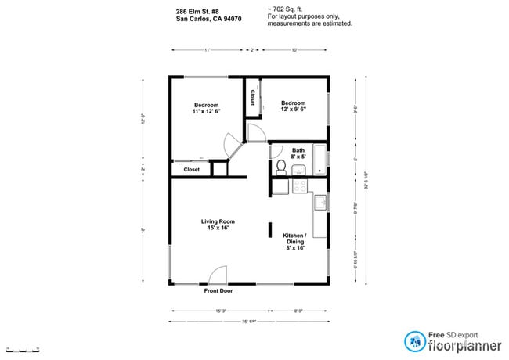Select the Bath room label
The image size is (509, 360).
298,153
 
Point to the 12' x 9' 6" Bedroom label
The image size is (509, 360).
293,106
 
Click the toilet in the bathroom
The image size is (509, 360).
282,167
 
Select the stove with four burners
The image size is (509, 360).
300,186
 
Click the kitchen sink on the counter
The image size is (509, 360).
319,203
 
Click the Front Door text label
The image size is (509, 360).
218,291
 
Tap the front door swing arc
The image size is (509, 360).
217,274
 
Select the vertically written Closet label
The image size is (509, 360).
252,98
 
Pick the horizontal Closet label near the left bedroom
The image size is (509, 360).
191,169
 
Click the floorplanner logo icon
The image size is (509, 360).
413,340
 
